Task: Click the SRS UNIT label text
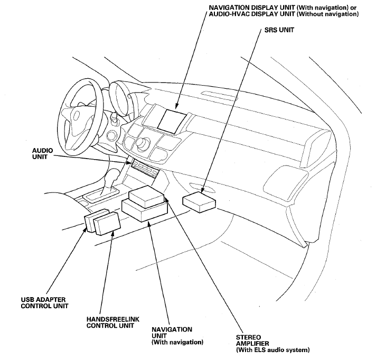279,30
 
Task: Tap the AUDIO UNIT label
42,154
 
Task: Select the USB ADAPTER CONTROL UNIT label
44,303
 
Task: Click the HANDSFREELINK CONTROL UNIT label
112,322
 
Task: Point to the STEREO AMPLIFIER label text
252,340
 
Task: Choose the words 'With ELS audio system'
272,349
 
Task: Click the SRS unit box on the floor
199,202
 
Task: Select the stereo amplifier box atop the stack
146,197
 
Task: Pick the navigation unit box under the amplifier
144,211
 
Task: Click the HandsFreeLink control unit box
107,224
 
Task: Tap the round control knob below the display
143,143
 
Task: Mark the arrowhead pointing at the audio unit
128,162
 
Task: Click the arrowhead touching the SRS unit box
202,190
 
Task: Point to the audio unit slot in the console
144,169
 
